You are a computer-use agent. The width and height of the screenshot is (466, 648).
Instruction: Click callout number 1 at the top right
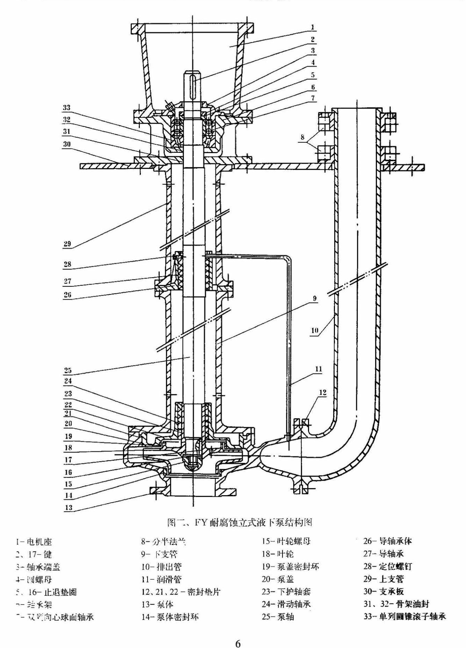tap(313, 27)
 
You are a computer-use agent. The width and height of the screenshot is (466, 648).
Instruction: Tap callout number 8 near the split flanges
tap(303, 137)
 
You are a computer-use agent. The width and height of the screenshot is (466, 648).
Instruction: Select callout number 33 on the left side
tap(67, 108)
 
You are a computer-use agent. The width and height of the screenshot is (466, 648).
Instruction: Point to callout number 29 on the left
tap(67, 244)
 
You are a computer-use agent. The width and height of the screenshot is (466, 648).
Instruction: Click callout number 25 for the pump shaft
tap(68, 370)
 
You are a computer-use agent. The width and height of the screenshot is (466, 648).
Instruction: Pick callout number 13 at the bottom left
tap(68, 507)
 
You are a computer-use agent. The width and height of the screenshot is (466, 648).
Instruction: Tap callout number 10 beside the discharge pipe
tap(315, 330)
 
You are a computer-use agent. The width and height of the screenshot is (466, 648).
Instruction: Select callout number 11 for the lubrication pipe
tap(318, 369)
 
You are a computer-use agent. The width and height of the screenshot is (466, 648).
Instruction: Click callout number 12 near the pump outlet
tap(322, 393)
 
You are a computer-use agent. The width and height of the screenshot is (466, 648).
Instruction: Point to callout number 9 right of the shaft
tap(315, 299)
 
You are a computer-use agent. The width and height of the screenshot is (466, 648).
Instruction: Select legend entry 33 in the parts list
tap(404, 616)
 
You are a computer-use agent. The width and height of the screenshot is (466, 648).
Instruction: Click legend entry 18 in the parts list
tap(277, 554)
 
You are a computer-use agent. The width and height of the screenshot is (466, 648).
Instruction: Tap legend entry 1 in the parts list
tap(34, 542)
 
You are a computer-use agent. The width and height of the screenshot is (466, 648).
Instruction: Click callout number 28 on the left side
tap(67, 264)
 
